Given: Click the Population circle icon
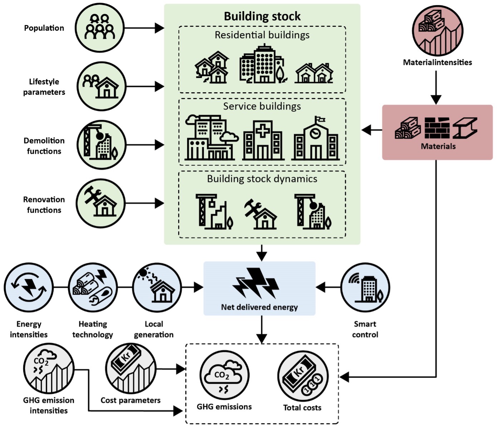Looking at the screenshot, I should [100, 28].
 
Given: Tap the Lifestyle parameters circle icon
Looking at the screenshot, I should [102, 86].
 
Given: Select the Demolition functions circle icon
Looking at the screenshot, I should [102, 145].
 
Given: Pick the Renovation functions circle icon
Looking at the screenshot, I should [101, 203].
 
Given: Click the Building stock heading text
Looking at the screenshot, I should [262, 16].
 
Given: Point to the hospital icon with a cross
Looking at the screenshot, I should [263, 140].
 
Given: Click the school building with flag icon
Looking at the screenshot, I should [315, 139].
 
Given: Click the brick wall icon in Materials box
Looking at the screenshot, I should [437, 128].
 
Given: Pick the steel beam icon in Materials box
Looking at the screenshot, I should [465, 128].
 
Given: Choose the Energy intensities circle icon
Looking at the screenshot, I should [29, 287].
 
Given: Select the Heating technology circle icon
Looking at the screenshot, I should [93, 287].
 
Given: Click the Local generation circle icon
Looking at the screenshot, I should [157, 287].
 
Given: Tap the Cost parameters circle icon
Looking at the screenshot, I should [131, 368].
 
